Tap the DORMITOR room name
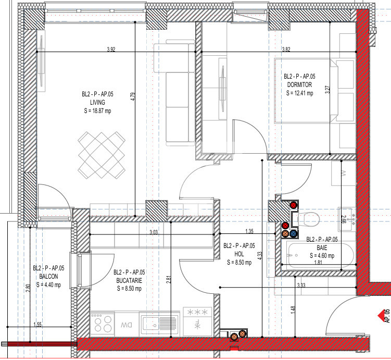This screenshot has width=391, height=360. (x=299, y=85)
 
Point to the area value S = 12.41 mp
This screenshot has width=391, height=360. (x=299, y=93)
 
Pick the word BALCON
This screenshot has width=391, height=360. (x=47, y=277)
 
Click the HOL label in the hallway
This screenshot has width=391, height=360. (x=239, y=254)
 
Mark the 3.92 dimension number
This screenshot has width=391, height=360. (x=110, y=49)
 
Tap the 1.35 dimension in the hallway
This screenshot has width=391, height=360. (x=249, y=231)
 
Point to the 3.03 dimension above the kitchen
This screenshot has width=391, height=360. (x=153, y=232)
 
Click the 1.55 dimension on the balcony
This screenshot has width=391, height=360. (x=37, y=325)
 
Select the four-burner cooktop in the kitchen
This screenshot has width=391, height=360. (x=102, y=324)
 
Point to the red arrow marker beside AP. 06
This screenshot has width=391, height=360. (x=378, y=314)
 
